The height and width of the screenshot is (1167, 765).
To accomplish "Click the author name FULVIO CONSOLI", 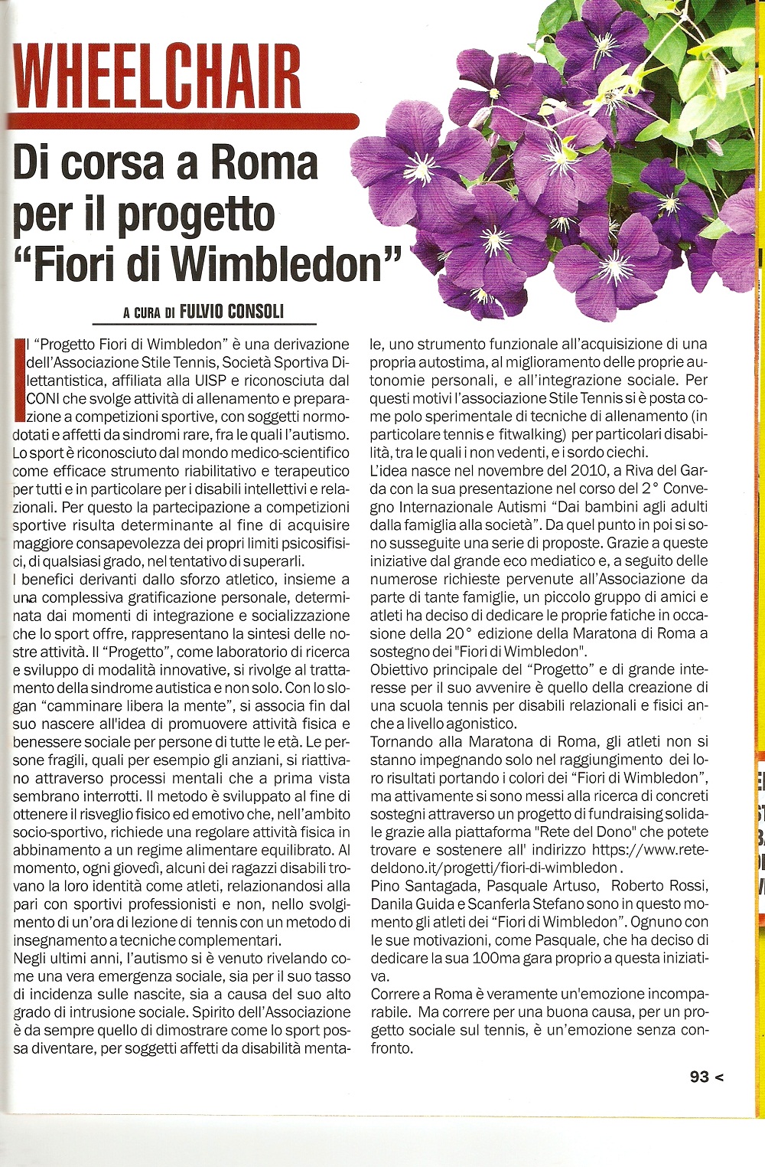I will coord(231,311).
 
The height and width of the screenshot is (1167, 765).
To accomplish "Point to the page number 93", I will coord(699,1076).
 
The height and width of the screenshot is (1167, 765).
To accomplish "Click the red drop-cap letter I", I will coord(18,380).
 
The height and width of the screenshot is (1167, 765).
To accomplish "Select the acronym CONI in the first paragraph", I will coord(42,399).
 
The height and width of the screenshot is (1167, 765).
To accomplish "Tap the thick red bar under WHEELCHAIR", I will coord(184,121).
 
